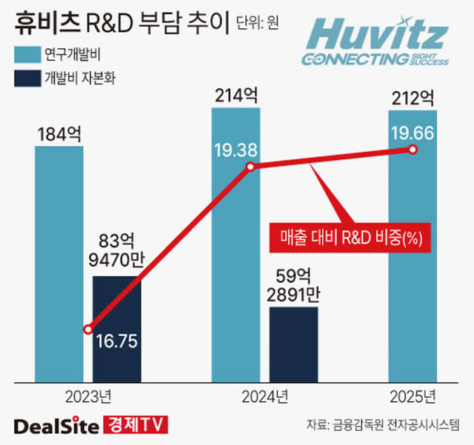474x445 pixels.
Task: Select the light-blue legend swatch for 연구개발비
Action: click(x=26, y=54)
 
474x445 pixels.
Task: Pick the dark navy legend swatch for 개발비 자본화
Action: click(x=26, y=78)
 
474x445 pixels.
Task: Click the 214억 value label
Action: click(x=236, y=96)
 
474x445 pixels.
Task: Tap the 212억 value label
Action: click(x=413, y=97)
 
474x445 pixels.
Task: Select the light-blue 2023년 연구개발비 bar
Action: click(x=60, y=259)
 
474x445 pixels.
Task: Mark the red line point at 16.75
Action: click(x=89, y=329)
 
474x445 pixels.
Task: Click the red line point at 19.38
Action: click(x=250, y=167)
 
